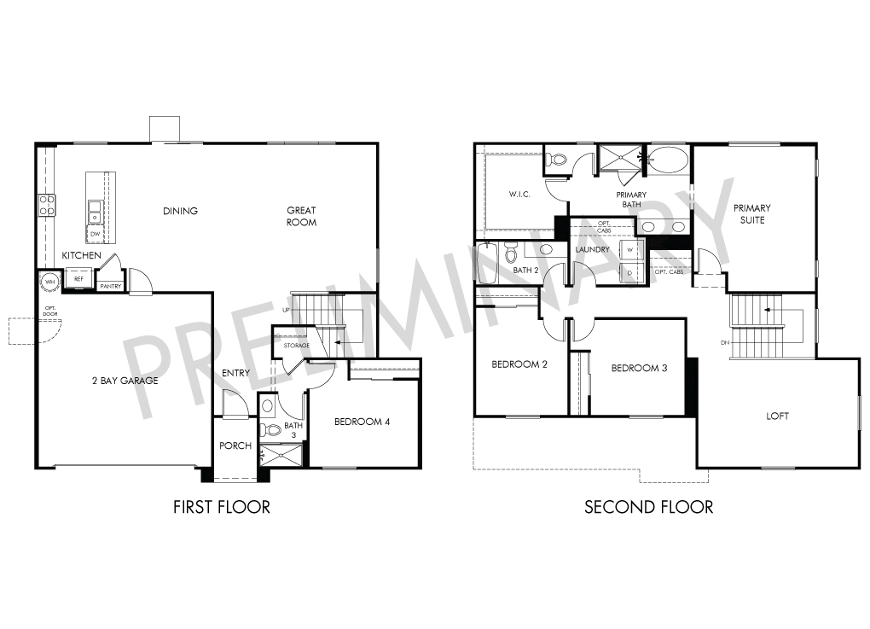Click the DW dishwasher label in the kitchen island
pos(95,235)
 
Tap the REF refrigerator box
pos(78,278)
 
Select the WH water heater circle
pos(50,282)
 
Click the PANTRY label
pos(110,287)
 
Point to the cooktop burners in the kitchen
pos(47,204)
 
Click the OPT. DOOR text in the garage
pos(50,311)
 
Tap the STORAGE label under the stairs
pos(296,346)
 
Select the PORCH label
pos(235,446)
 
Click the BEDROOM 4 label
pos(362,422)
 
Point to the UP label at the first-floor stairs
pos(286,310)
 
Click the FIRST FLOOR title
pos(222,507)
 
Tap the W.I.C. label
pos(519,195)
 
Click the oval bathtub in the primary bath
pos(668,160)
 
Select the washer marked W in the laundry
pos(630,250)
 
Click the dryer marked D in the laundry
pos(630,272)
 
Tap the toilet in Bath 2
pos(511,253)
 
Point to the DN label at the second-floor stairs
pos(725,342)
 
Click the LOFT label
pos(777,416)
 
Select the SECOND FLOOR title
pos(648,507)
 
